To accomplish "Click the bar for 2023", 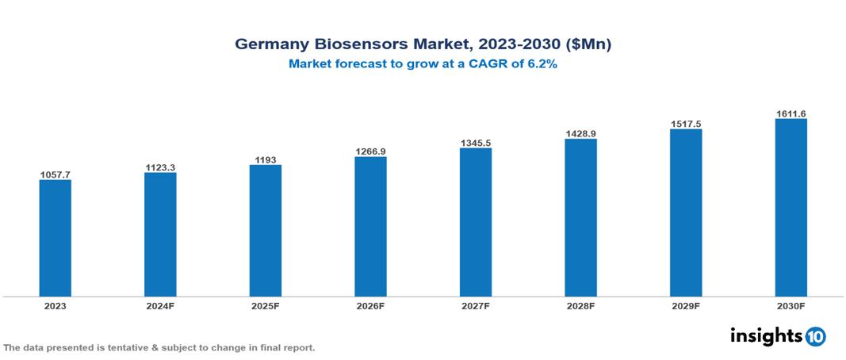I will click(x=56, y=238).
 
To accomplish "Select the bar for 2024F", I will click(x=160, y=234).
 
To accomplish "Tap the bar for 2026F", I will click(x=370, y=226).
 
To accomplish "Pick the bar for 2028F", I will click(x=580, y=217).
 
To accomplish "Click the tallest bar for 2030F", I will click(x=790, y=208).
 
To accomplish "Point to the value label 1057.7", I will click(x=56, y=174).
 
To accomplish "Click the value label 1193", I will click(x=266, y=159).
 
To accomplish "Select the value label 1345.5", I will click(x=476, y=143).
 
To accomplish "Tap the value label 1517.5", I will click(x=686, y=124).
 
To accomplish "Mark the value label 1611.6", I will click(x=790, y=114).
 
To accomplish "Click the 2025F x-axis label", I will click(x=266, y=305).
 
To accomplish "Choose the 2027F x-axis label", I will click(x=476, y=305).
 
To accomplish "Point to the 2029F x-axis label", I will click(x=686, y=305).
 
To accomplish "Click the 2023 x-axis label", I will click(x=56, y=305).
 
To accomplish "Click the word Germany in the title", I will click(x=270, y=44).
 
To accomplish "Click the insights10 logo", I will click(x=778, y=336).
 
